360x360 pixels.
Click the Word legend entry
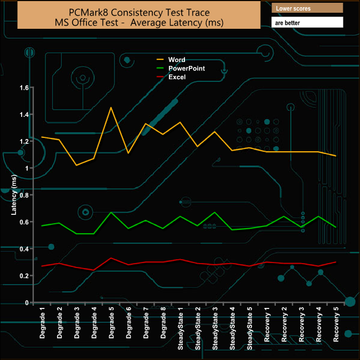tap(177, 60)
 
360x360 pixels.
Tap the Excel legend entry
tap(177, 77)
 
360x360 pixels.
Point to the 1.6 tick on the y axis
tap(24, 88)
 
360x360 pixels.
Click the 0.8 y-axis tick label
tap(24, 195)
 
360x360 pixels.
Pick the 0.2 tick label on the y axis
tap(24, 276)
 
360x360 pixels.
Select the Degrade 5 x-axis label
tap(111, 324)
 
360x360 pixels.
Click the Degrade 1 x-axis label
tap(42, 324)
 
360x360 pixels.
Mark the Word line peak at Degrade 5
tap(111, 107)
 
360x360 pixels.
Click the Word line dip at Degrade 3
tap(76, 165)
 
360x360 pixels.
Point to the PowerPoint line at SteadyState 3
tap(215, 212)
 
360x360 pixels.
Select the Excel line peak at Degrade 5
tap(111, 258)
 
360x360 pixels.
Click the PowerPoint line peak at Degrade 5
tap(111, 212)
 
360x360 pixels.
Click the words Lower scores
tap(294, 9)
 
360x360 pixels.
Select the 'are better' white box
tap(307, 22)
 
